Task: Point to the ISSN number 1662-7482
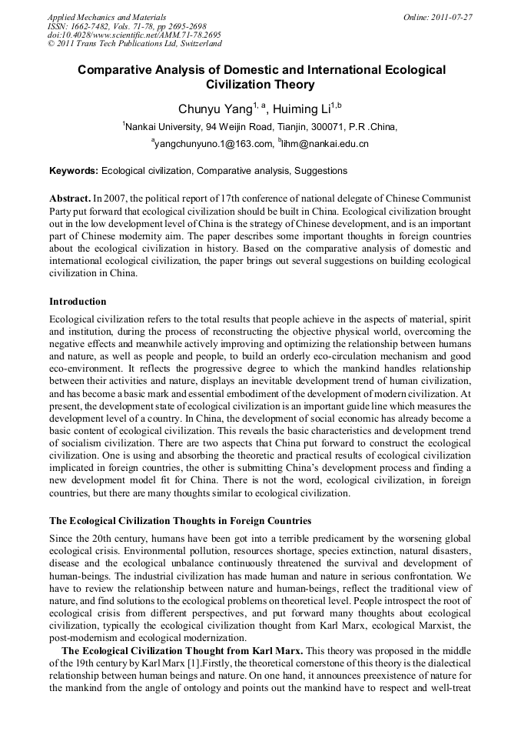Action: (x=95, y=26)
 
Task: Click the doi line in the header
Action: (x=134, y=35)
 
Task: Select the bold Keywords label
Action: (x=74, y=171)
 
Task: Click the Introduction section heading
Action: (x=78, y=301)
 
